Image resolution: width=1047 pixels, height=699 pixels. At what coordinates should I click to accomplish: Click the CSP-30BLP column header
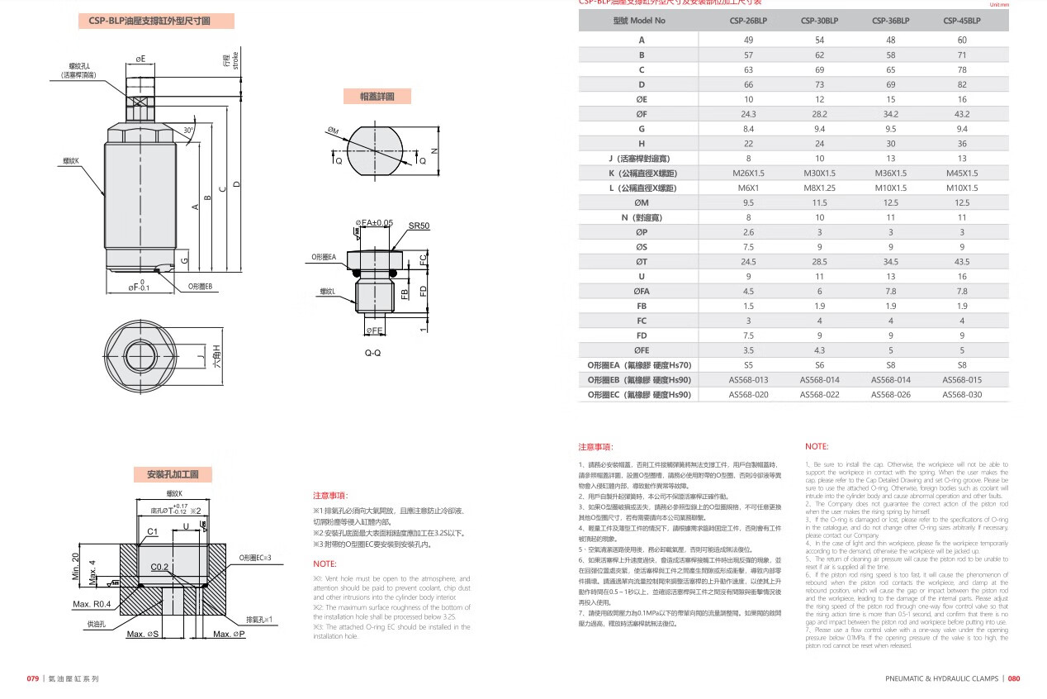819,21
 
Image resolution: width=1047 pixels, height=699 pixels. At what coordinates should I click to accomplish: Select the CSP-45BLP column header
961,21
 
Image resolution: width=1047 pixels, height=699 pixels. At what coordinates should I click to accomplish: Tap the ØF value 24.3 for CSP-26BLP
748,114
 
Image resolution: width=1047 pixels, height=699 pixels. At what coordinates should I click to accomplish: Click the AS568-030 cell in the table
961,395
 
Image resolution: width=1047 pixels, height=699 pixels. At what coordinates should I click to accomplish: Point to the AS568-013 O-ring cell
748,380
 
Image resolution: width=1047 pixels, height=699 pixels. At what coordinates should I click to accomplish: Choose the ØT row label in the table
641,261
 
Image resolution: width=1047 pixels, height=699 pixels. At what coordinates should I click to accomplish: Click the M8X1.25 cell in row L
819,188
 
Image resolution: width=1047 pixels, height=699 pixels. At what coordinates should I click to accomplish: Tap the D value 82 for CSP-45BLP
961,84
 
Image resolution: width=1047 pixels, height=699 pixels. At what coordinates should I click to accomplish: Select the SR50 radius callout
419,226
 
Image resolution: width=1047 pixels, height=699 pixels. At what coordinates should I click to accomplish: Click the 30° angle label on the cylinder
189,131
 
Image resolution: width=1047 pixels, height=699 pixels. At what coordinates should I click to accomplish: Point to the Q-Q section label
372,351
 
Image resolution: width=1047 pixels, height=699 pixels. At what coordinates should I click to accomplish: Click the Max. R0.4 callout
92,604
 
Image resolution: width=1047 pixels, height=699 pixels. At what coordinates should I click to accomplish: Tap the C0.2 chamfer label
159,567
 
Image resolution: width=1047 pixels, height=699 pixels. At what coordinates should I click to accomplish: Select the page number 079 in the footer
33,678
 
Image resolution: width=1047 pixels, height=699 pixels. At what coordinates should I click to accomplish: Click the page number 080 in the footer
1014,678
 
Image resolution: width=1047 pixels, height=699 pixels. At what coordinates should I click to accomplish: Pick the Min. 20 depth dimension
75,568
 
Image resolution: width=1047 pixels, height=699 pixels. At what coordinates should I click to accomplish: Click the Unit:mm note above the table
997,4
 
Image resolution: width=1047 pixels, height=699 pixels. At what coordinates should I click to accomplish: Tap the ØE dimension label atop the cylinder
140,59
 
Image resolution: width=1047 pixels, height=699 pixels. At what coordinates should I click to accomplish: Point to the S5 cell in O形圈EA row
748,365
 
